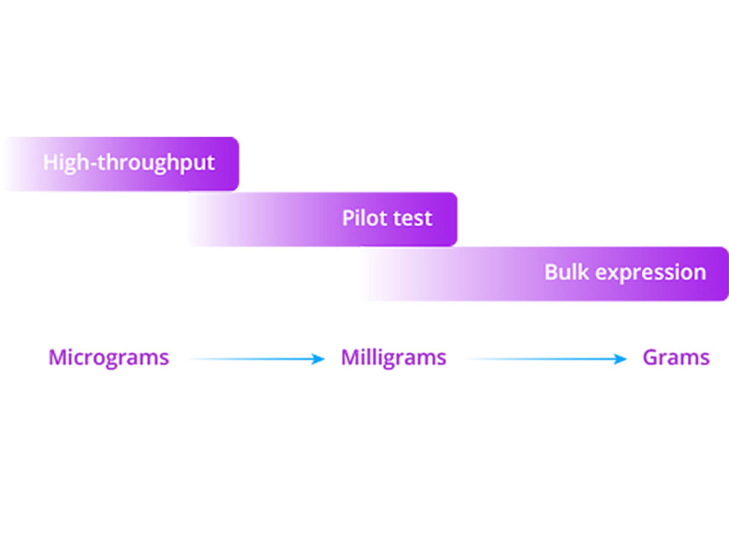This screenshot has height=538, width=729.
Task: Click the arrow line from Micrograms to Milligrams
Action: click(256, 359)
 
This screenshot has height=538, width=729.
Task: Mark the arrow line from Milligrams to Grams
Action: click(546, 359)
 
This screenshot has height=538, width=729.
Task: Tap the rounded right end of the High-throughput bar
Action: click(235, 164)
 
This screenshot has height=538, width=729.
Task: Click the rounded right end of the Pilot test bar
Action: click(453, 219)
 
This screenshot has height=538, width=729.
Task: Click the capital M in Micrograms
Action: click(56, 358)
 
